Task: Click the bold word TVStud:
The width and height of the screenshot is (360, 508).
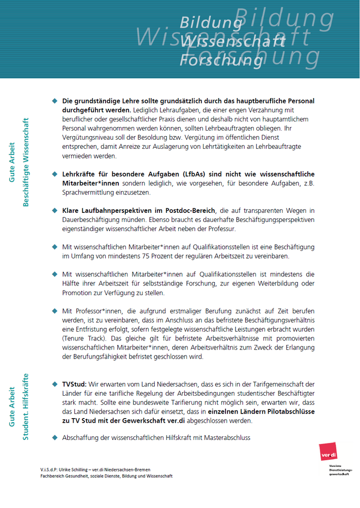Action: tap(74, 385)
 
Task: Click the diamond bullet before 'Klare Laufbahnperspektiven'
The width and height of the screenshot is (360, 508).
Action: tap(55, 210)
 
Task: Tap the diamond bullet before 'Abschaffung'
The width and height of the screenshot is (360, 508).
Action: tap(55, 437)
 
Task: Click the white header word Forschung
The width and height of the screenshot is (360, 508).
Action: tap(222, 60)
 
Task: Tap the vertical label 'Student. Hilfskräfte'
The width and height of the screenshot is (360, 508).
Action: tap(26, 406)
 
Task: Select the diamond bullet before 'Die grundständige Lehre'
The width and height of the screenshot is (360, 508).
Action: tap(55, 101)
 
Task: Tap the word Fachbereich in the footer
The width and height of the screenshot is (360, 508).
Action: tap(53, 477)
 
